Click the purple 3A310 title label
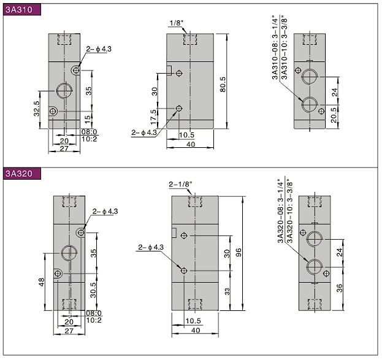[21, 10]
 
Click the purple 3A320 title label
[21, 174]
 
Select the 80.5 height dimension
[223, 85]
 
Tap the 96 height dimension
[239, 252]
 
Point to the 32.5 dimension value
[37, 109]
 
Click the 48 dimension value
[42, 282]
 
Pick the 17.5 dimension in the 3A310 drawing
[153, 117]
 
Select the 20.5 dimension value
[334, 115]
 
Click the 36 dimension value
[339, 288]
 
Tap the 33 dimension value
[227, 291]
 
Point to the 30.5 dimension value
[93, 290]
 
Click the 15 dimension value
[88, 119]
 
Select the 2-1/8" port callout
[180, 184]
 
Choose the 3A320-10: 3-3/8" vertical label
[289, 211]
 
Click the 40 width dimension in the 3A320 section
[196, 331]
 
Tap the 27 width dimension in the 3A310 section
[64, 148]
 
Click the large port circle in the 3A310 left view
[64, 90]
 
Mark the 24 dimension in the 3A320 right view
[339, 252]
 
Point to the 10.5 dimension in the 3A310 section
[186, 135]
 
